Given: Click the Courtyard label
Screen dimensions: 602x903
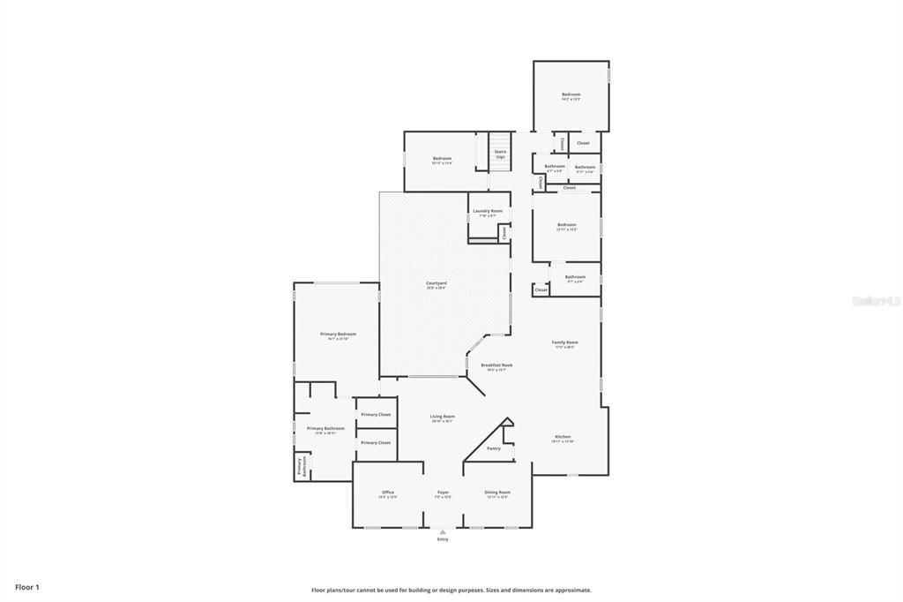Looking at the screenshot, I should point(443,284).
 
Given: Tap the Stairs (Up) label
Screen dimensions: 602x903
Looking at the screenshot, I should point(500,154).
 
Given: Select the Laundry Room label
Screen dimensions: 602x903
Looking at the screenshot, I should point(488,212).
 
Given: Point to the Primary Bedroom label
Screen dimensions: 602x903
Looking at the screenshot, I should point(338,335).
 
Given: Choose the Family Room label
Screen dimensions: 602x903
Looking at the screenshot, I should point(564,343).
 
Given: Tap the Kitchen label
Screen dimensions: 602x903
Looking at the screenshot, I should point(563,438).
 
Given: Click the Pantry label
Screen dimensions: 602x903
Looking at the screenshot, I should point(494,448).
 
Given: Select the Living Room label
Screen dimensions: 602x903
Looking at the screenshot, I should point(443,418).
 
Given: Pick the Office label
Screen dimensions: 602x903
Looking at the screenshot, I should point(388,493).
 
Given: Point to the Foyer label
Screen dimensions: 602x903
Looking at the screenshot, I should point(443,493).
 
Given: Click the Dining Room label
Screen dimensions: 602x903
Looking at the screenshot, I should point(497,493).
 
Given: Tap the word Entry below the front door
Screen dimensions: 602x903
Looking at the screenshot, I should point(443,539).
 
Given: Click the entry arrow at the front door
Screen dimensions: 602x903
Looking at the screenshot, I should point(443,532).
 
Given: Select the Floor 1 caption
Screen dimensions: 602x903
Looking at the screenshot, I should point(27,587).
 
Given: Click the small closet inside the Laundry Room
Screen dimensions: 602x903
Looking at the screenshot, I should point(504,233).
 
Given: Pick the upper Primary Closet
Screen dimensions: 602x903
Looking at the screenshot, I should point(376,414).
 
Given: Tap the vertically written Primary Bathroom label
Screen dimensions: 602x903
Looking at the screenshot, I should point(300,466).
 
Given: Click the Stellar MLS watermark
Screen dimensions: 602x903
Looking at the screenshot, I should point(876,301).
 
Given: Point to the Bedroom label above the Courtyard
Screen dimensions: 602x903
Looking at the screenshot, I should point(442,160).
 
